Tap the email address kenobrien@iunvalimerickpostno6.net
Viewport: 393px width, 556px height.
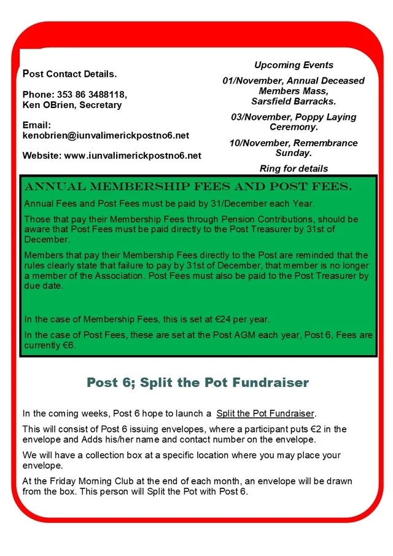pyautogui.click(x=106, y=135)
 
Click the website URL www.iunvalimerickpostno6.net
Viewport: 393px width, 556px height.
pyautogui.click(x=133, y=155)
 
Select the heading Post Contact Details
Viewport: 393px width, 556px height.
pyautogui.click(x=69, y=74)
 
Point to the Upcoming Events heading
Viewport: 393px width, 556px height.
pyautogui.click(x=294, y=65)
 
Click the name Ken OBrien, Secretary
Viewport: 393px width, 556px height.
pyautogui.click(x=72, y=105)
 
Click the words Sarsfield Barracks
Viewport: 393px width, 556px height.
pyautogui.click(x=294, y=101)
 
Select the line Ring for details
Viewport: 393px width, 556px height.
pyautogui.click(x=294, y=168)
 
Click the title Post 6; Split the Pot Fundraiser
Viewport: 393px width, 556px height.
pyautogui.click(x=198, y=383)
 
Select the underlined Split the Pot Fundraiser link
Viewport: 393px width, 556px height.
pyautogui.click(x=265, y=413)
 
